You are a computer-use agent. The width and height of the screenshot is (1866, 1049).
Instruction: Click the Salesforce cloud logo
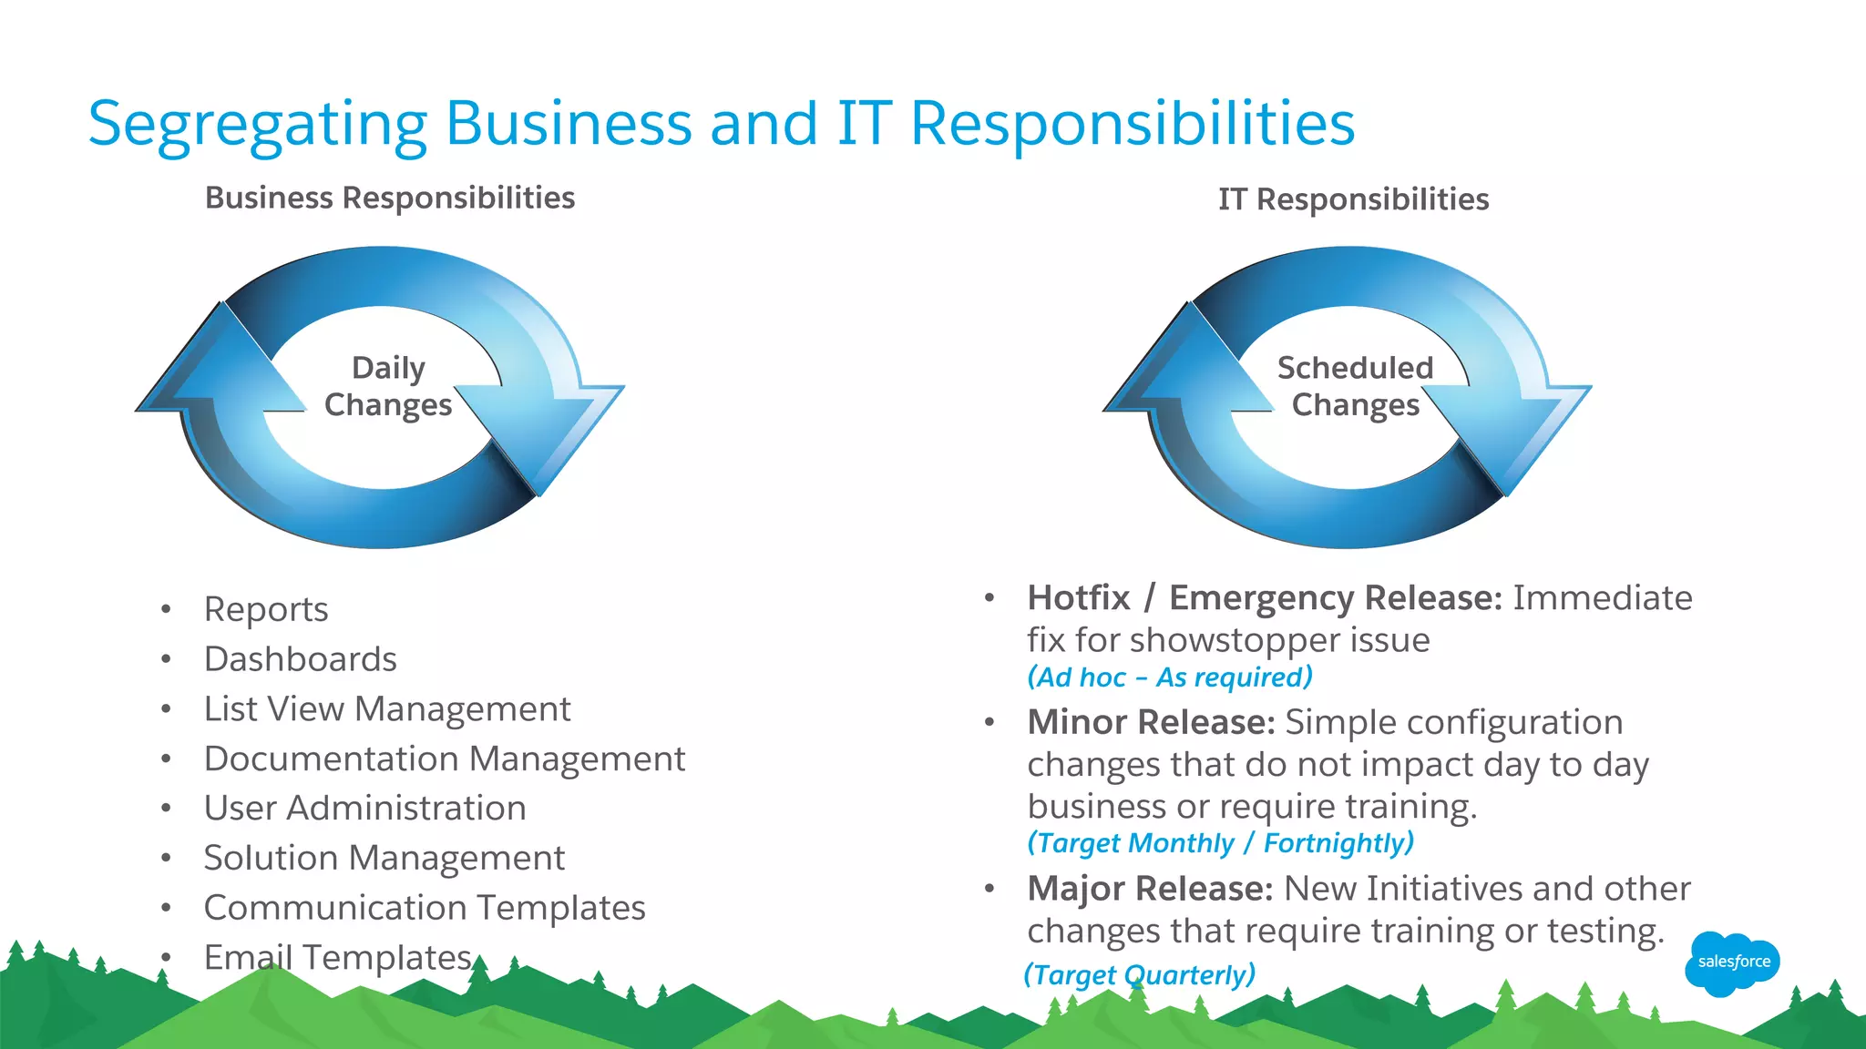[1731, 962]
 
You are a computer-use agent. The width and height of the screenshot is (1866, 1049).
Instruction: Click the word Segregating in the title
[258, 124]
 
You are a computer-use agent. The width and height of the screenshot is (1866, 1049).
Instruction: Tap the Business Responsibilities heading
[390, 198]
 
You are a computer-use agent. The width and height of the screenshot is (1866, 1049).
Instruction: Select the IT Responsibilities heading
[1353, 199]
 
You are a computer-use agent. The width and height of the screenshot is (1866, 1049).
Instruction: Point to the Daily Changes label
[388, 386]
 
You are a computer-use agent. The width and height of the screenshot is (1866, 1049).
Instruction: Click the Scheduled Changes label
[1355, 386]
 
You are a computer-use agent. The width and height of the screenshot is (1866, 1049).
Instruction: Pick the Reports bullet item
[266, 609]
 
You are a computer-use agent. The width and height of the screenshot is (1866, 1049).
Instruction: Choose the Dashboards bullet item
[301, 659]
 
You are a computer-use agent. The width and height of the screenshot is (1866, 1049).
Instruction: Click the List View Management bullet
[387, 709]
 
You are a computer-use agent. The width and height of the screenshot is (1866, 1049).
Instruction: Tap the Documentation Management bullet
[445, 759]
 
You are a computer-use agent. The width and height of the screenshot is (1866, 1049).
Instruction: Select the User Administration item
[364, 809]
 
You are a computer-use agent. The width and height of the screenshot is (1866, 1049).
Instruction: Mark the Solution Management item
[384, 858]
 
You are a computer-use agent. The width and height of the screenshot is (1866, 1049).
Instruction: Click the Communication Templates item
[425, 908]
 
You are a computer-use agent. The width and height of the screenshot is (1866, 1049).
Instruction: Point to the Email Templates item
[338, 957]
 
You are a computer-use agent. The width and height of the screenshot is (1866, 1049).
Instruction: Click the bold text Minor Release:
[1151, 722]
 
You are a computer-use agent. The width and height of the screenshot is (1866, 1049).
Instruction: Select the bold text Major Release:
[1150, 889]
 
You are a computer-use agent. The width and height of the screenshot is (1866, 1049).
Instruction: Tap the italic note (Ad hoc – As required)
[1170, 677]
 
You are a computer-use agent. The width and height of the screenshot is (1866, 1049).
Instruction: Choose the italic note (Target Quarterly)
[1140, 975]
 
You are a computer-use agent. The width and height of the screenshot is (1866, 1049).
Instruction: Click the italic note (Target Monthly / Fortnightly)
[1221, 843]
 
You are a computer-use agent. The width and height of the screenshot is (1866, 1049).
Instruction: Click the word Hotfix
[1078, 598]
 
